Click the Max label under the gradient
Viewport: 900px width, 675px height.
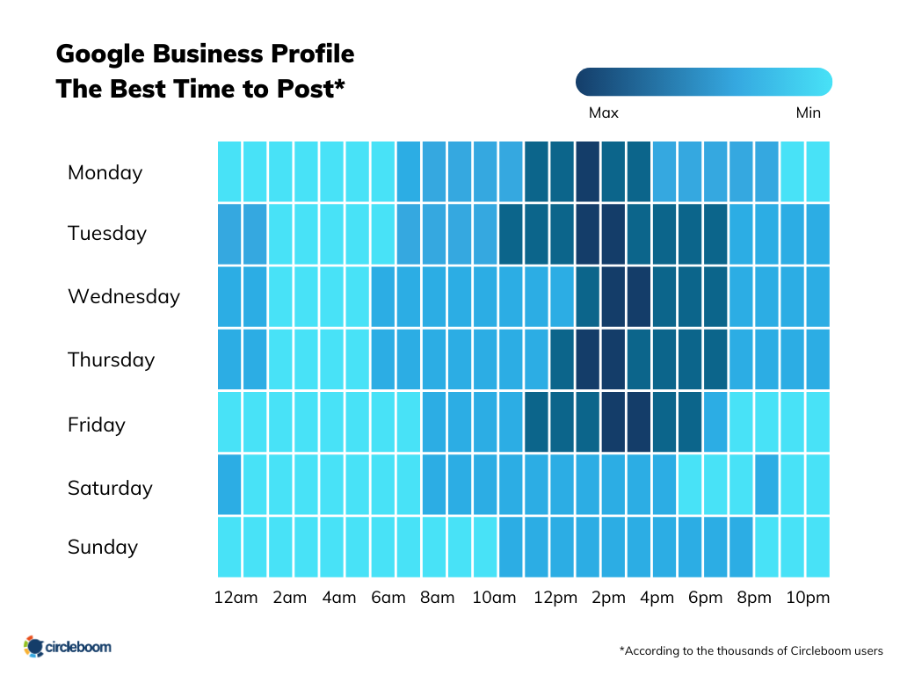(604, 112)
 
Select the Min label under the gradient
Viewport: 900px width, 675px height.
(808, 112)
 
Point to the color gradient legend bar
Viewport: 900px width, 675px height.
(703, 82)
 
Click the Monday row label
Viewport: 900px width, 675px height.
(105, 172)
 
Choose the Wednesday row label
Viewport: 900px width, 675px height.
(123, 296)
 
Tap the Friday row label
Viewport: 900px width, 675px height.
(96, 425)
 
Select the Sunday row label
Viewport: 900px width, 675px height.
(102, 547)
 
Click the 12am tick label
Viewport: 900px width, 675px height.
(236, 598)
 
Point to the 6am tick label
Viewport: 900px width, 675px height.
(388, 598)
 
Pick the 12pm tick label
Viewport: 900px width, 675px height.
(555, 598)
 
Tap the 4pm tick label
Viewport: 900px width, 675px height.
(656, 598)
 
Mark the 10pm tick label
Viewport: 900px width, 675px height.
(807, 598)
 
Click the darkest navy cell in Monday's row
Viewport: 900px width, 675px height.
(587, 171)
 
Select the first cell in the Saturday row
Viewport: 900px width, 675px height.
(229, 484)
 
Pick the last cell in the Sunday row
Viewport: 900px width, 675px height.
(817, 547)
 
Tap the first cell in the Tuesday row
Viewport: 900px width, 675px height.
(229, 234)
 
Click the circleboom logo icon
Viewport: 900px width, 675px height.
(34, 647)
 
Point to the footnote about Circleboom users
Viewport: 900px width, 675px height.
(751, 650)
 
